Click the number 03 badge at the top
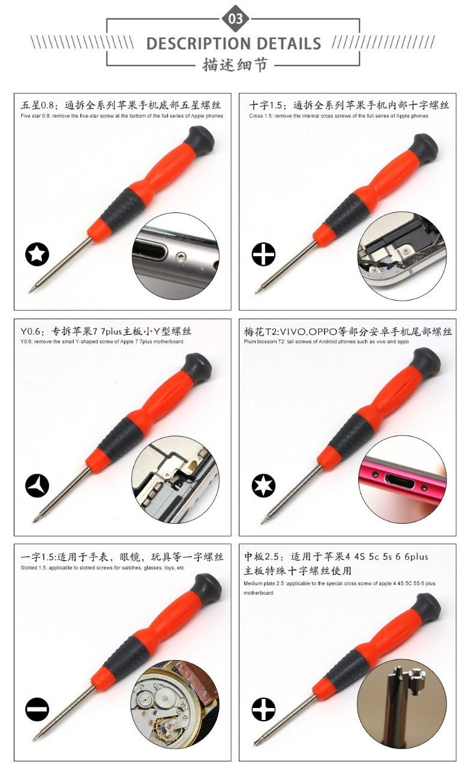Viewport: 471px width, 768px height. [x=236, y=19]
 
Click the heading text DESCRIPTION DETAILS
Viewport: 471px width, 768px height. [x=233, y=44]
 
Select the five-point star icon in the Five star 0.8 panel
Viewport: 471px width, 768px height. [x=37, y=254]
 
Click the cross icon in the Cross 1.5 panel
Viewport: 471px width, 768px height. [x=263, y=254]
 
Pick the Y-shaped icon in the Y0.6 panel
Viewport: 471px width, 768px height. [x=37, y=485]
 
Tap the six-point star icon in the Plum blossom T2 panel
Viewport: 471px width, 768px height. [x=263, y=485]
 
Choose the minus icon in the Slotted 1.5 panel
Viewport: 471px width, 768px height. [x=37, y=710]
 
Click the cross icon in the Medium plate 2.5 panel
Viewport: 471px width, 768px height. [x=263, y=710]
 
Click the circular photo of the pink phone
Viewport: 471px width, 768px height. [x=403, y=479]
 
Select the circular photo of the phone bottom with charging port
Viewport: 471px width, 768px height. [x=175, y=254]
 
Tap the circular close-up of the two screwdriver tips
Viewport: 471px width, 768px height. [x=401, y=704]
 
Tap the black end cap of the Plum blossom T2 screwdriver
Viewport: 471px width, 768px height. [x=425, y=362]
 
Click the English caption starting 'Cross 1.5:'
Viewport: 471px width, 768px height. [x=338, y=116]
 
